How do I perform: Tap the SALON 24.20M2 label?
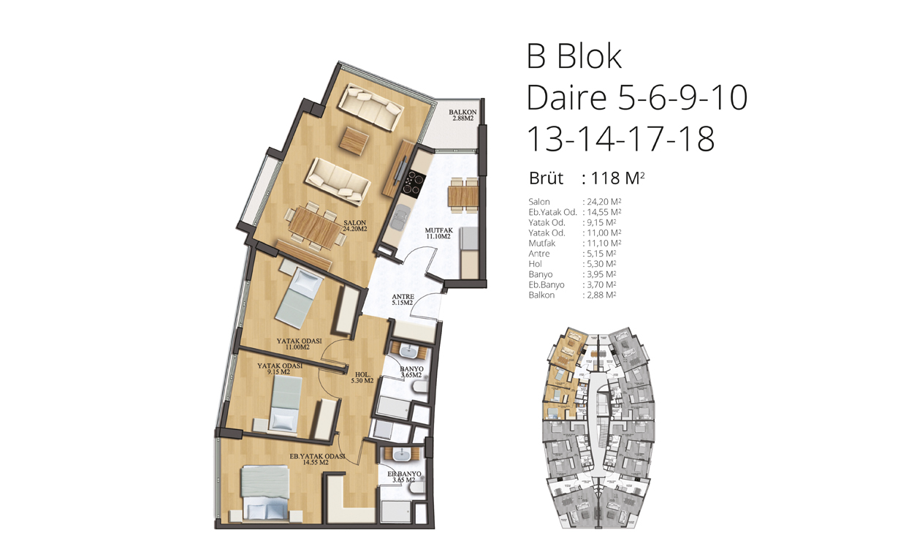(354, 226)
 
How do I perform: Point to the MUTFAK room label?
(439, 233)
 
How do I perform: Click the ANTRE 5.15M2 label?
(403, 300)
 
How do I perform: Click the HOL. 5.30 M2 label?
(362, 377)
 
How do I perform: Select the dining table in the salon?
(315, 227)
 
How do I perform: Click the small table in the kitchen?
(463, 196)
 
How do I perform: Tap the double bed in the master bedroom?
(265, 493)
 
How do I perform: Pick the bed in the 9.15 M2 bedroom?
(285, 403)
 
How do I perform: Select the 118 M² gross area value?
(617, 178)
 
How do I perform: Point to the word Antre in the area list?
(538, 254)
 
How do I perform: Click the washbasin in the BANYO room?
(409, 350)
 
